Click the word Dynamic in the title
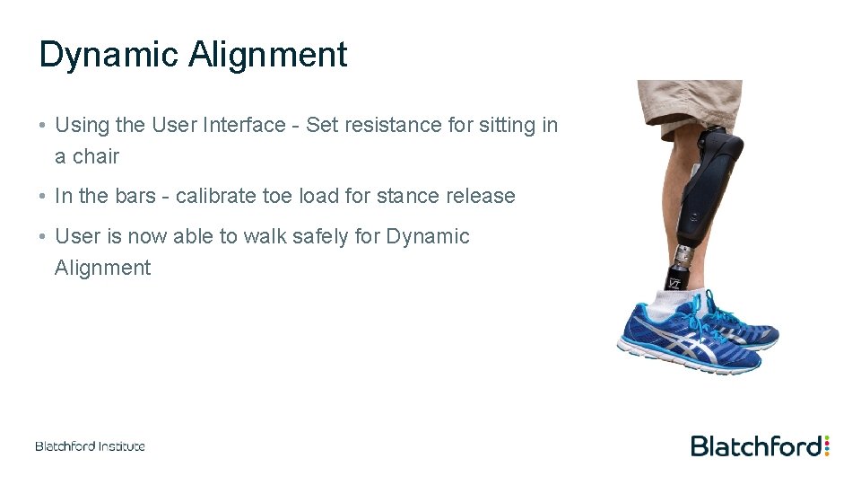(109, 56)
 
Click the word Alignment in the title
(267, 56)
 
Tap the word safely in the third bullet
(322, 236)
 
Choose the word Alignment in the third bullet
(102, 268)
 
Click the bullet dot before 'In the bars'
(43, 197)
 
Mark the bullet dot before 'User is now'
(43, 237)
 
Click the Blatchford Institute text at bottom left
(90, 445)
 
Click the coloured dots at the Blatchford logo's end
(826, 445)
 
